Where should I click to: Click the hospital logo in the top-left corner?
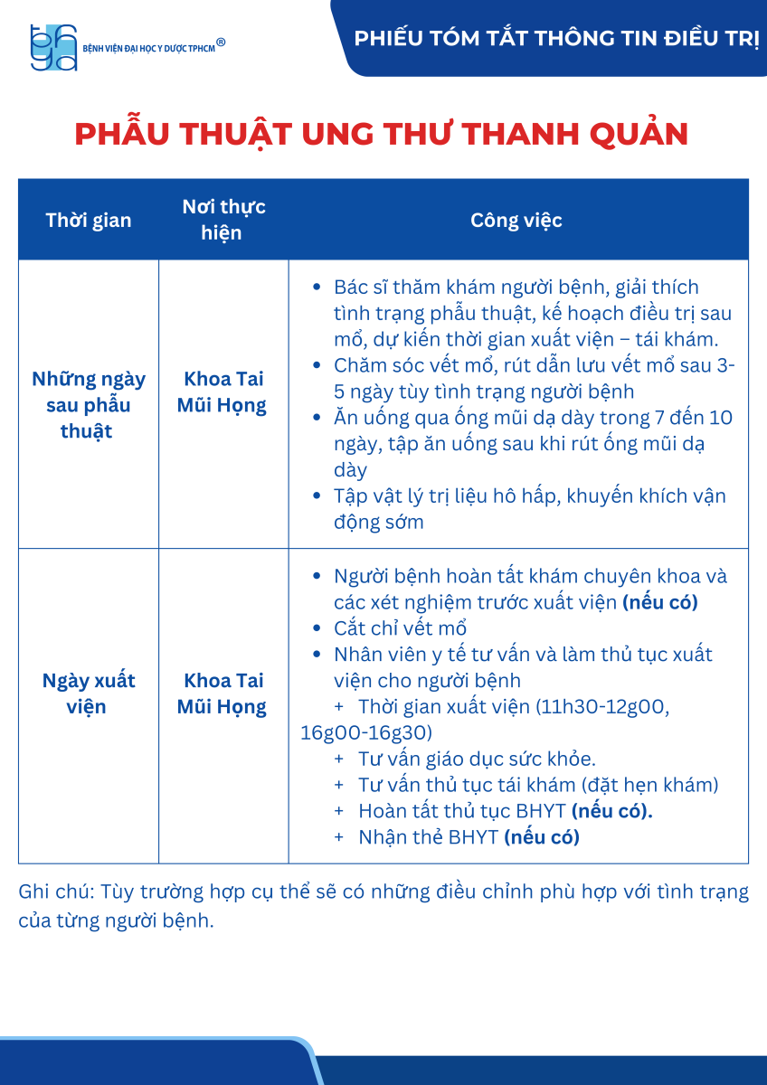pyautogui.click(x=53, y=47)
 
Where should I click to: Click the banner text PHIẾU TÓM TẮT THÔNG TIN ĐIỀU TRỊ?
pyautogui.click(x=555, y=39)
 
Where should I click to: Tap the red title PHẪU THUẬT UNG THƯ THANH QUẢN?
pyautogui.click(x=382, y=134)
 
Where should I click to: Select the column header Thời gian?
pyautogui.click(x=89, y=220)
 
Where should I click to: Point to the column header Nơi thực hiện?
pyautogui.click(x=223, y=220)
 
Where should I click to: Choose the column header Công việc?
pyautogui.click(x=516, y=220)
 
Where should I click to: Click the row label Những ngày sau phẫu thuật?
pyautogui.click(x=89, y=404)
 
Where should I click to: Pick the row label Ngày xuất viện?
pyautogui.click(x=89, y=693)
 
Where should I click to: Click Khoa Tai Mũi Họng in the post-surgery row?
pyautogui.click(x=223, y=392)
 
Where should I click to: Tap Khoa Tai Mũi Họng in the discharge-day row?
pyautogui.click(x=223, y=693)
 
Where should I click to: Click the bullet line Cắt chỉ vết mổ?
pyautogui.click(x=400, y=628)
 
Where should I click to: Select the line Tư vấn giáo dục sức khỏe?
pyautogui.click(x=477, y=759)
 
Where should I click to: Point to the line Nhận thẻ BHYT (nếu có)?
pyautogui.click(x=469, y=837)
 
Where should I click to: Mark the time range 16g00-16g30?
pyautogui.click(x=366, y=732)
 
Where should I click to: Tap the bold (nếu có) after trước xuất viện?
pyautogui.click(x=660, y=602)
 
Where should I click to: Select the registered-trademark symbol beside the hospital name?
pyautogui.click(x=221, y=42)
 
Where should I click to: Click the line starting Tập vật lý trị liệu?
pyautogui.click(x=529, y=496)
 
